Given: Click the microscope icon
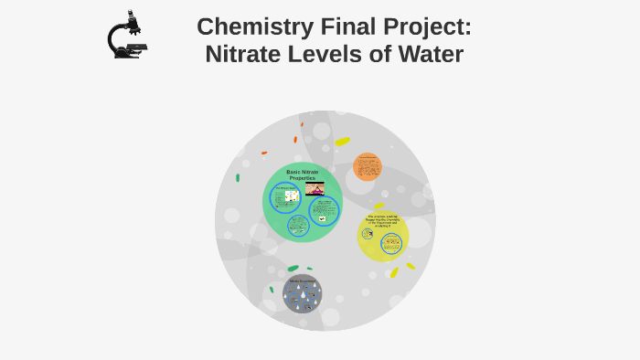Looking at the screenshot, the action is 126,36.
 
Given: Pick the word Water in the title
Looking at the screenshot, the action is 430,54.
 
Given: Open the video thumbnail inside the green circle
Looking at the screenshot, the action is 315,188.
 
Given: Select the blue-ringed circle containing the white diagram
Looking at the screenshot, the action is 285,197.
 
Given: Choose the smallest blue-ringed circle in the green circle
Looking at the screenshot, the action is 297,225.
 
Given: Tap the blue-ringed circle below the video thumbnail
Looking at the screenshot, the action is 323,211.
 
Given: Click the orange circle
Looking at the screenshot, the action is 368,167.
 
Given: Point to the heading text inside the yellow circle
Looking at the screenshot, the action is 384,221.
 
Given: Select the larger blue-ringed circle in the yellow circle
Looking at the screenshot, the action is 391,244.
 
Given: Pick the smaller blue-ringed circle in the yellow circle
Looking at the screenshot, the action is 368,234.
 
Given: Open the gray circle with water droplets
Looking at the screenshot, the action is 302,294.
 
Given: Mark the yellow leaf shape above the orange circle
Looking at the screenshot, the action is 343,142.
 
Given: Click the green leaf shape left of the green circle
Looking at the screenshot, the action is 238,177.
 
